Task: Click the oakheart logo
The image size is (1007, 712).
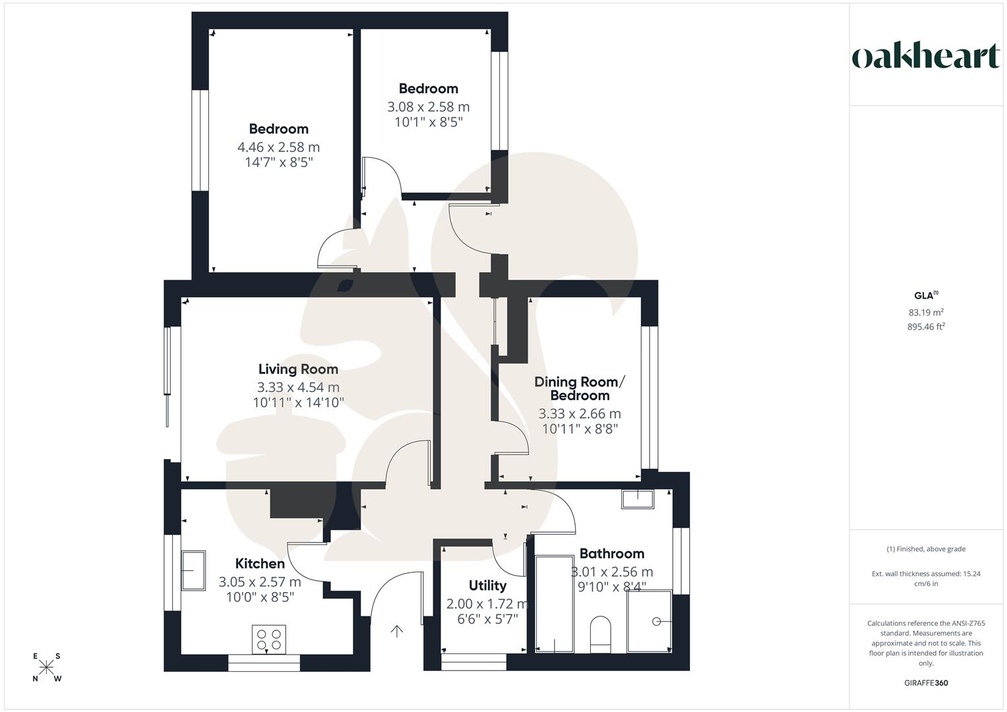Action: [x=925, y=57]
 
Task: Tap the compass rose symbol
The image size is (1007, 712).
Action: [x=47, y=668]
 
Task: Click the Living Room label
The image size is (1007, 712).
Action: [x=298, y=369]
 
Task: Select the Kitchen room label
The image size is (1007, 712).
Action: [x=260, y=564]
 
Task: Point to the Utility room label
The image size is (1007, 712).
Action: [x=487, y=585]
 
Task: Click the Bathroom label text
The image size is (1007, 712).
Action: [x=611, y=554]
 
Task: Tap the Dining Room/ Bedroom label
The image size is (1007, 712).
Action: [x=579, y=389]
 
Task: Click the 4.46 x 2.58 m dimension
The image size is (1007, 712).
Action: [x=278, y=147]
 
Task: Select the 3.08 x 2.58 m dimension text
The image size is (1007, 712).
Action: [x=428, y=107]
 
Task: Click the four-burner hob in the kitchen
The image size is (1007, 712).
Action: [x=269, y=639]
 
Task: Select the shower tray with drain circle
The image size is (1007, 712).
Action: [x=649, y=622]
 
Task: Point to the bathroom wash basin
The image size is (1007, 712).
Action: [x=637, y=499]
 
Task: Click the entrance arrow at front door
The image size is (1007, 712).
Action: [x=396, y=632]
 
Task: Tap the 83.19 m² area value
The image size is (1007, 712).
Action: [x=926, y=312]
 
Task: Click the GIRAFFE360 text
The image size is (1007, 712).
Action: [x=926, y=683]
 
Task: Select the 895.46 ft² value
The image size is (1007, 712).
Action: [x=926, y=326]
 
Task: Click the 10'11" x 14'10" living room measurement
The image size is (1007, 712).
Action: [x=298, y=403]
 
